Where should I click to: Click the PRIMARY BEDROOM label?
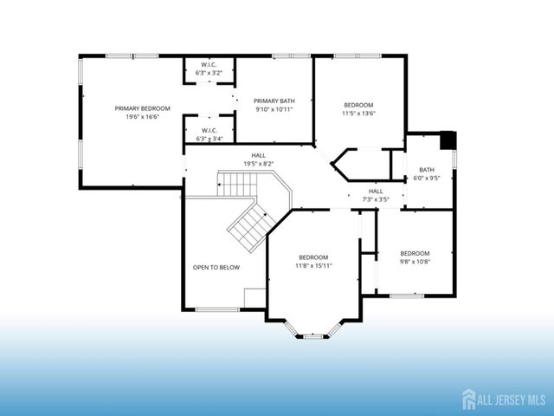[x=143, y=108]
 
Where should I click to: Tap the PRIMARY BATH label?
[x=274, y=101]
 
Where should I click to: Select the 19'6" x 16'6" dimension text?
[x=143, y=116]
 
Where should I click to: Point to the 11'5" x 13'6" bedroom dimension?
[x=359, y=114]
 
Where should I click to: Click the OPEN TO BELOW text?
[x=216, y=267]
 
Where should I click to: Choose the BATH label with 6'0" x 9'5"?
[x=427, y=170]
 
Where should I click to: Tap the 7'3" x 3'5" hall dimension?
[x=376, y=199]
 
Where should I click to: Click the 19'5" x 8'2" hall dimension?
[x=258, y=163]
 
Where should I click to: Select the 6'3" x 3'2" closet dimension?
[x=209, y=71]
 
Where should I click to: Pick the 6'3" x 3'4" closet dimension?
[x=209, y=139]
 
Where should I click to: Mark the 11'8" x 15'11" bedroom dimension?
[x=313, y=265]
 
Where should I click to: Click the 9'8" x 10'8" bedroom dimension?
[x=415, y=261]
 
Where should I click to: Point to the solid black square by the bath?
[x=448, y=140]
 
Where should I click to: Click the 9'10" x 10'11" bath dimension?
[x=274, y=109]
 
